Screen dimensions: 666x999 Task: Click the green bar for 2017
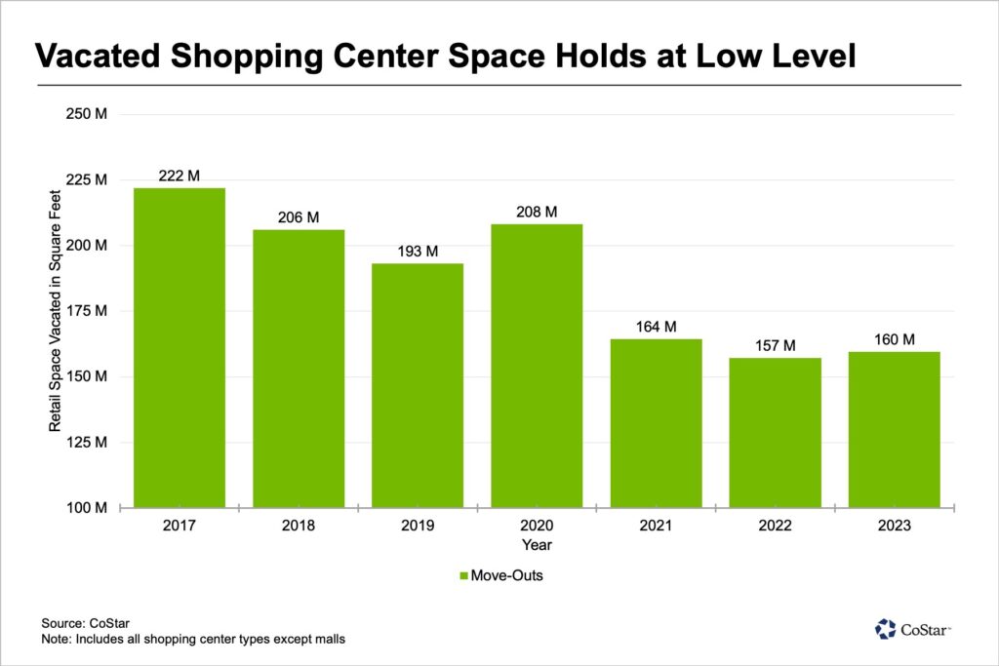(180, 347)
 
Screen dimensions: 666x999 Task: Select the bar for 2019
(418, 385)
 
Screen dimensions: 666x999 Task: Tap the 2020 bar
(537, 366)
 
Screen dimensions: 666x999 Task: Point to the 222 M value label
(180, 176)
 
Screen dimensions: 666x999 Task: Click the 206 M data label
(299, 217)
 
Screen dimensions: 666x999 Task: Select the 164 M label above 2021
(656, 327)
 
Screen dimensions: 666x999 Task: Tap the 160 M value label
(894, 339)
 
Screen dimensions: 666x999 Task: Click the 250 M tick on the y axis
(89, 114)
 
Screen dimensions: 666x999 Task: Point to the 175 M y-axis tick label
(89, 311)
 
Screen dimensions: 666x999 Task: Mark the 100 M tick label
(89, 508)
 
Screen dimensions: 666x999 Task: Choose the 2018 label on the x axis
(299, 526)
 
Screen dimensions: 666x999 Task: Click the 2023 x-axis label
(894, 526)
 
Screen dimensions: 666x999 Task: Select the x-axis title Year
(537, 544)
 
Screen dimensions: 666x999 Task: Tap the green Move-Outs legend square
(465, 576)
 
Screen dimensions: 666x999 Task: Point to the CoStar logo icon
(886, 629)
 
